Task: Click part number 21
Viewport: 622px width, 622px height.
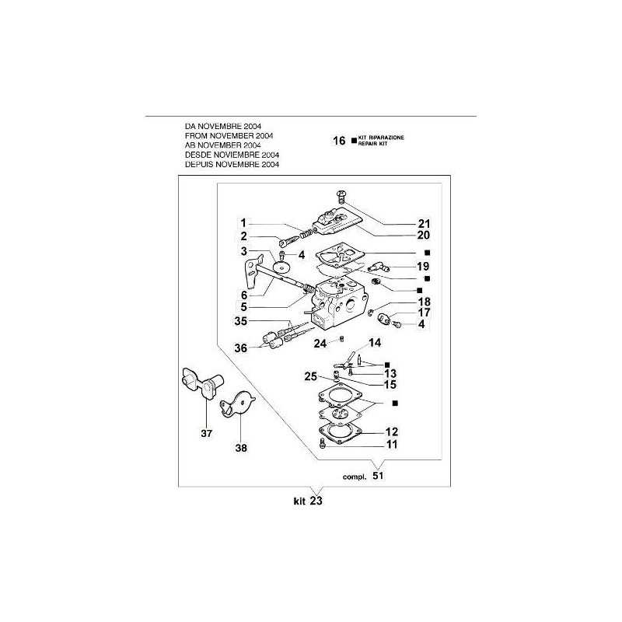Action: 424,223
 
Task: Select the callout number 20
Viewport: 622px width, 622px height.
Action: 424,236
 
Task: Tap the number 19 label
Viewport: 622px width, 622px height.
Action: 423,266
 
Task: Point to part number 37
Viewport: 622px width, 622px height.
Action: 206,433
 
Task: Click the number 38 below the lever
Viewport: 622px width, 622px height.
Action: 241,448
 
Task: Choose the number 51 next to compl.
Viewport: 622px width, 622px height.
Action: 378,475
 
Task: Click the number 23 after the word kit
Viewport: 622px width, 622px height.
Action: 316,501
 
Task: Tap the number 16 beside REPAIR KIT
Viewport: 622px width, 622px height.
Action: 339,141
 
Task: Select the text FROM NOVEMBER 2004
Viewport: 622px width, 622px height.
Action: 229,135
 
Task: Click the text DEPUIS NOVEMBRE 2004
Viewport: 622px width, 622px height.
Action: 232,164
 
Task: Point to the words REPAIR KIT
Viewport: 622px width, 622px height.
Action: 372,144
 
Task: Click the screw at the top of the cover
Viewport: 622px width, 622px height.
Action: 341,197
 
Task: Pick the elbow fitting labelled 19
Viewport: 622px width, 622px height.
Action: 379,267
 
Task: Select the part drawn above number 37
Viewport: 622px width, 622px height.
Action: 202,382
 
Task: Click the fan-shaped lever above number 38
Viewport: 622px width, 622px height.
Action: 238,404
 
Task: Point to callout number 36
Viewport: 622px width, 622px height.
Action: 241,348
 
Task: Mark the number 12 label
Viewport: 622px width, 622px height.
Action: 392,432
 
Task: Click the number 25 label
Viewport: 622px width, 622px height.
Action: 310,376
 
